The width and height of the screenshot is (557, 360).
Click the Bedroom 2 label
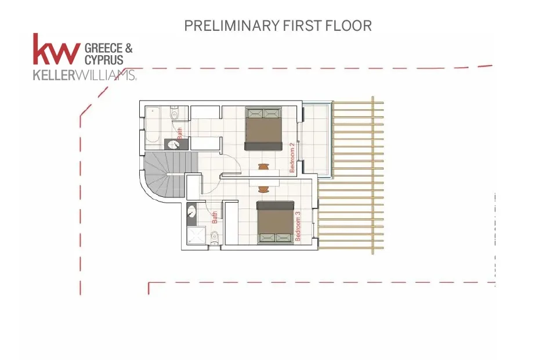(x=292, y=157)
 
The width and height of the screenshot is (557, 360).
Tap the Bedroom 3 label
(x=298, y=226)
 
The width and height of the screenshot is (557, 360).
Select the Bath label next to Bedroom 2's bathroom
(x=179, y=134)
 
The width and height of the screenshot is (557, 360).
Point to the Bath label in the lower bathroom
(x=215, y=217)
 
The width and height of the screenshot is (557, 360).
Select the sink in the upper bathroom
(x=174, y=145)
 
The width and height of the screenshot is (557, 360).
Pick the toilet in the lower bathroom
(x=215, y=238)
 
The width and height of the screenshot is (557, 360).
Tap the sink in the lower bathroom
(x=191, y=211)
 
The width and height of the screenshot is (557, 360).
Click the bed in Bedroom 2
(x=263, y=129)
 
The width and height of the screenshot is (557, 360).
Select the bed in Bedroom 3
(x=275, y=222)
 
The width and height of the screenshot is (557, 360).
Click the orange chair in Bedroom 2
(x=263, y=166)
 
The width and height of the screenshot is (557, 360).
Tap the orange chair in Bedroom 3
(x=263, y=189)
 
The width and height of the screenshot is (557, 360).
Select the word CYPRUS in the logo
(x=104, y=60)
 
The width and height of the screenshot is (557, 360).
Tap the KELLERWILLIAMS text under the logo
(x=85, y=75)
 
